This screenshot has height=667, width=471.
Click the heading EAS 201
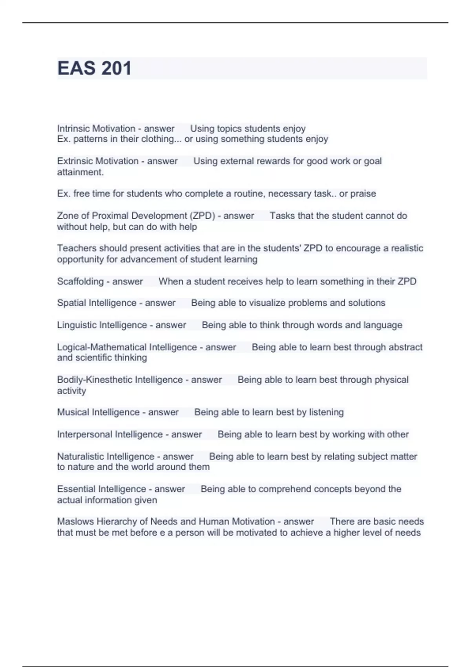(x=94, y=68)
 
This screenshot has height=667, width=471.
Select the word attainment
(x=80, y=172)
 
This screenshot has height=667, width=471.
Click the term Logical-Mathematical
(x=102, y=347)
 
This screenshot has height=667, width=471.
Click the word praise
(x=363, y=194)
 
